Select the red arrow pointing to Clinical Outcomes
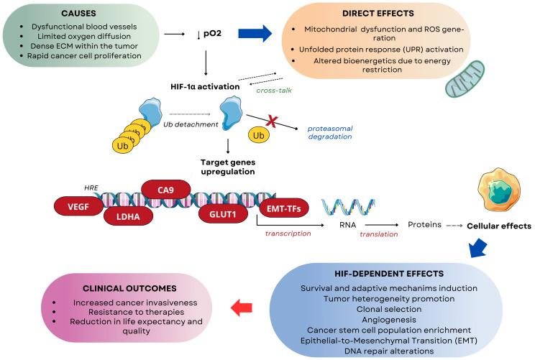(x=243, y=308)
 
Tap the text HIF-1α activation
(x=205, y=86)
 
